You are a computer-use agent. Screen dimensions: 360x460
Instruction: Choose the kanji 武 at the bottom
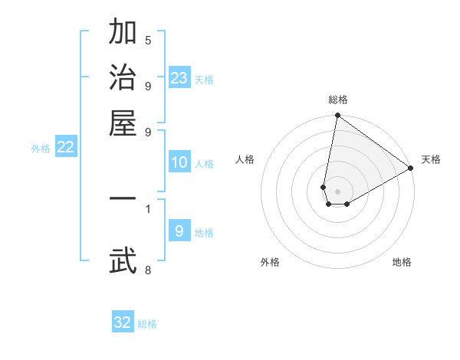[x=123, y=260]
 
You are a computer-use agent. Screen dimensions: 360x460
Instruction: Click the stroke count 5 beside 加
[x=147, y=41]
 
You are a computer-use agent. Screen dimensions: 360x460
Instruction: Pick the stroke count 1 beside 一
[x=147, y=208]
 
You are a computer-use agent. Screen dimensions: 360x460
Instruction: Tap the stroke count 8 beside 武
[x=147, y=269]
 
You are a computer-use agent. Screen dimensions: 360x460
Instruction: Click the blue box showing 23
[x=179, y=77]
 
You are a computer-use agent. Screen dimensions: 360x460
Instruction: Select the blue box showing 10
[x=179, y=162]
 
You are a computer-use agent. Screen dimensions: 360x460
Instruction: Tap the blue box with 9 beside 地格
[x=179, y=231]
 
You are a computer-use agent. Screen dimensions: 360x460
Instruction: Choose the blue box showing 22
[x=65, y=148]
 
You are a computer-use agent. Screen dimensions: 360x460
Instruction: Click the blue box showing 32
[x=123, y=322]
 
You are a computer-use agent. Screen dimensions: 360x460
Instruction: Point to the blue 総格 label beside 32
[x=147, y=324]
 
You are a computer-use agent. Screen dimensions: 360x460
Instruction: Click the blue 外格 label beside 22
[x=40, y=149]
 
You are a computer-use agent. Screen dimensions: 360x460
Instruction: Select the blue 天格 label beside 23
[x=204, y=79]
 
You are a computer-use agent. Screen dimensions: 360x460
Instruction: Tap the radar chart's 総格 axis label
[x=338, y=100]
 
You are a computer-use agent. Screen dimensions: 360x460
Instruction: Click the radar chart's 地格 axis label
[x=402, y=262]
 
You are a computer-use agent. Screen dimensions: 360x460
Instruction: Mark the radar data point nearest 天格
[x=411, y=169]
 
